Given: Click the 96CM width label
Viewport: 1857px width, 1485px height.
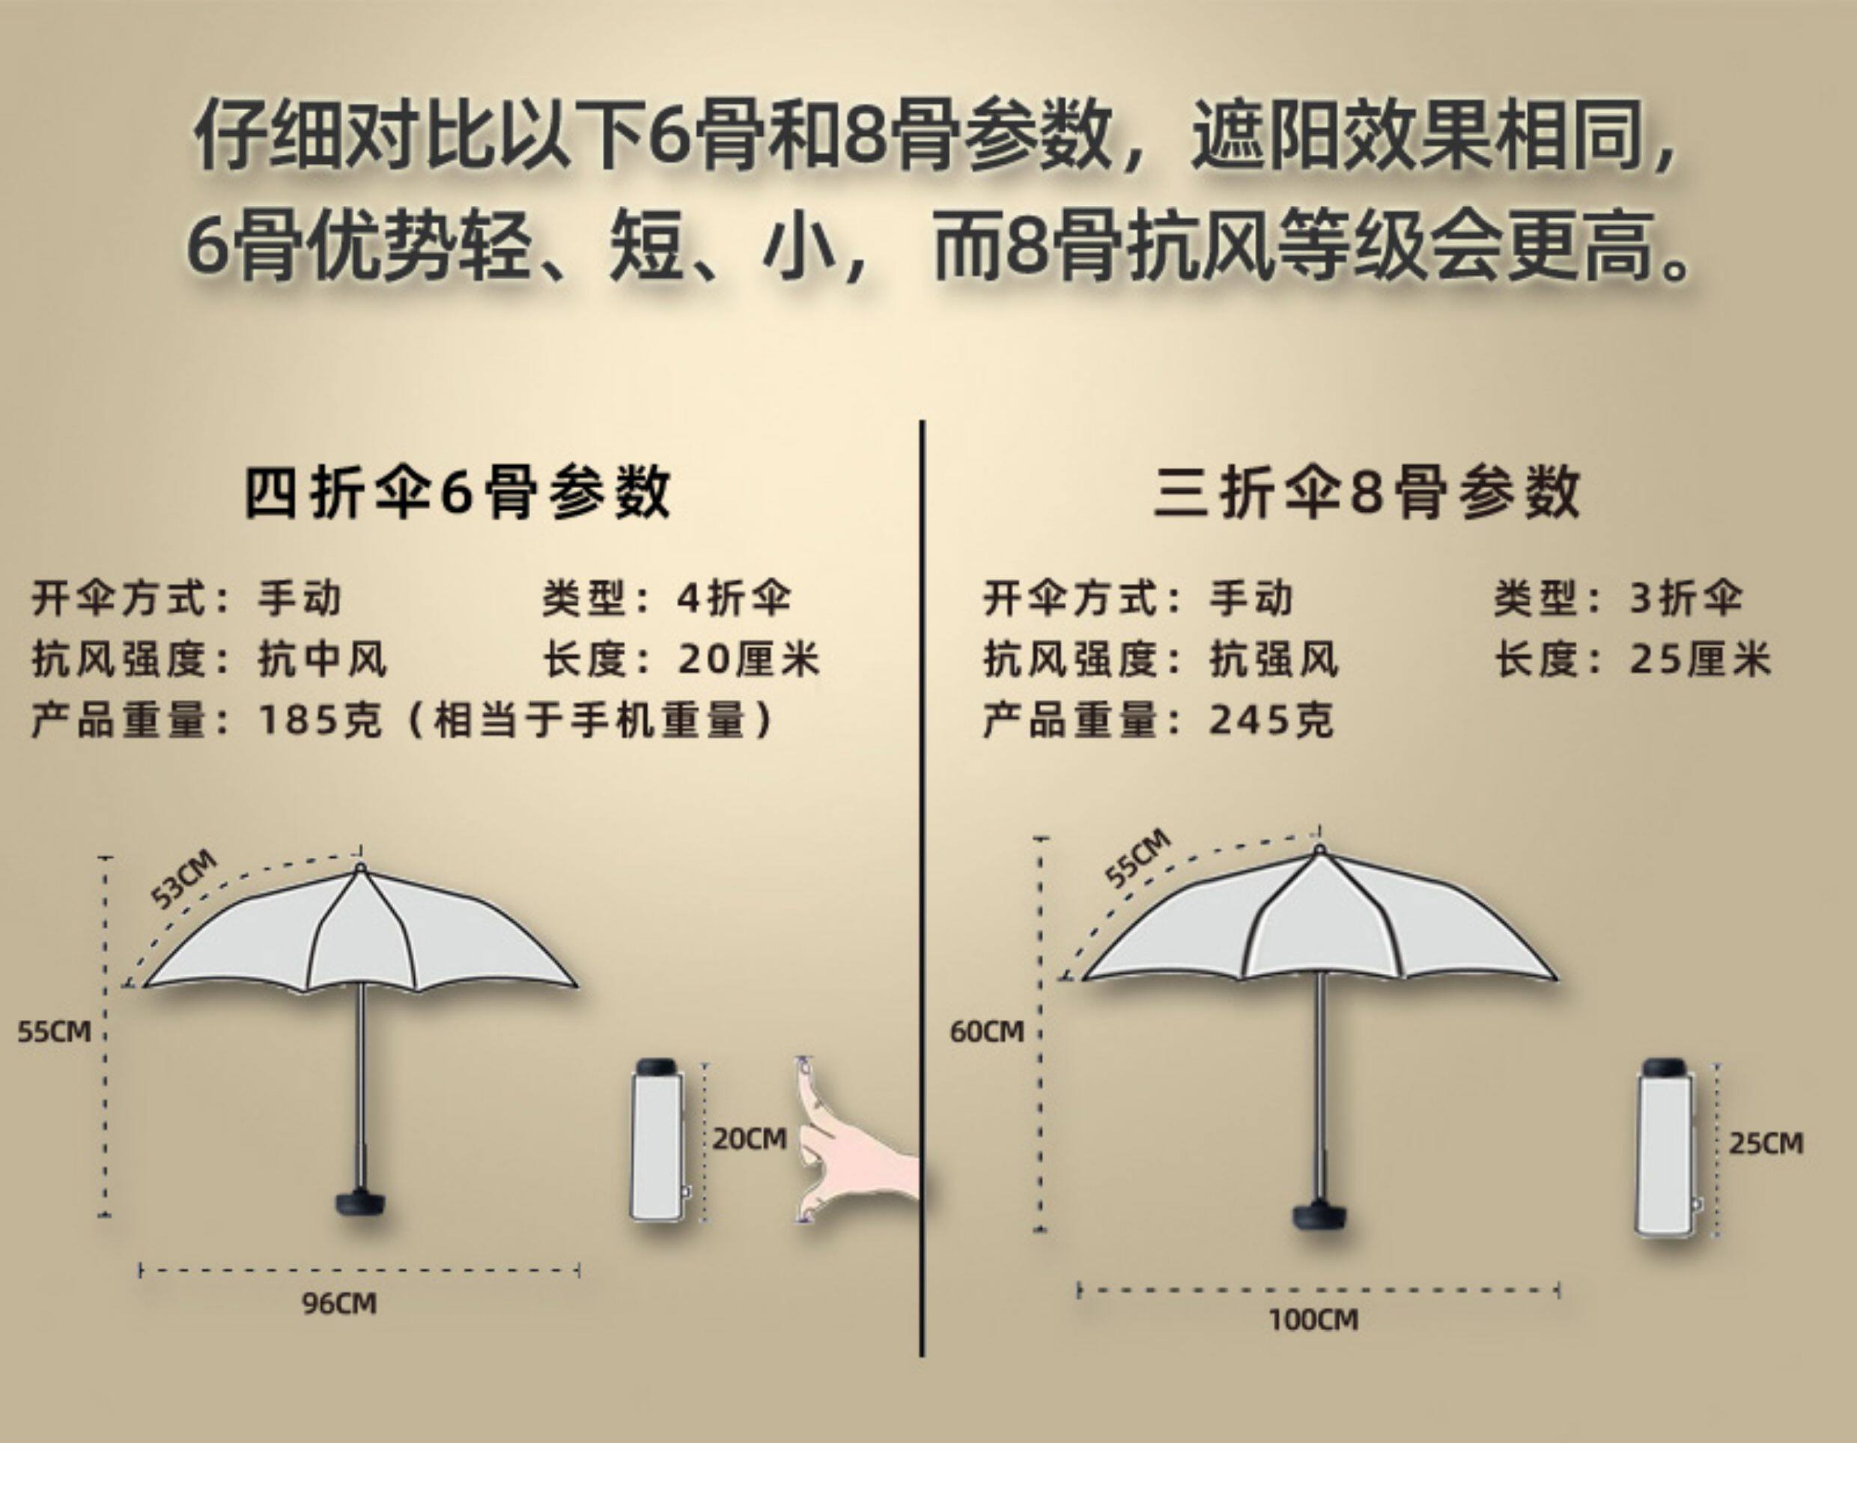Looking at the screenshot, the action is [x=338, y=1303].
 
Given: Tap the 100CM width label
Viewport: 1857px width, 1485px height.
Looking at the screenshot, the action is [x=1313, y=1319].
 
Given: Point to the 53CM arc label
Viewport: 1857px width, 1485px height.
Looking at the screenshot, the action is [x=183, y=879].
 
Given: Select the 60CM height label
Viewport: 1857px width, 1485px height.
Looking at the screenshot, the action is [x=986, y=1031].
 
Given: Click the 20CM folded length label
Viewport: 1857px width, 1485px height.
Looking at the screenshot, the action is [x=750, y=1139].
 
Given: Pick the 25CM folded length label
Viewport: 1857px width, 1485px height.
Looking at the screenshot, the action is [x=1766, y=1143].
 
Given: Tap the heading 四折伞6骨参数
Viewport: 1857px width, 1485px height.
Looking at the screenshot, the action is [x=458, y=493].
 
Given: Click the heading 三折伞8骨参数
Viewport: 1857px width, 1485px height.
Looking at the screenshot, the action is [x=1368, y=493].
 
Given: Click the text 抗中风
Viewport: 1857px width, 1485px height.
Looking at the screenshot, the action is [x=323, y=660].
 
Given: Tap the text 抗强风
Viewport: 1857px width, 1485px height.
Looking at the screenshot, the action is [x=1274, y=660].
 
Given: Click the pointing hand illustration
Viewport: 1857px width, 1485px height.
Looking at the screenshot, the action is [x=848, y=1145].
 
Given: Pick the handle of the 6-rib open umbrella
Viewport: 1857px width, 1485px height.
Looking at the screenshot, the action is [x=360, y=1202].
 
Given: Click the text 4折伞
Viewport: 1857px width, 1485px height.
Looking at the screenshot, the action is [x=734, y=598].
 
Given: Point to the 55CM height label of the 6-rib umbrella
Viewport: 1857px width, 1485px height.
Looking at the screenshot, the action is [x=53, y=1031].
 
